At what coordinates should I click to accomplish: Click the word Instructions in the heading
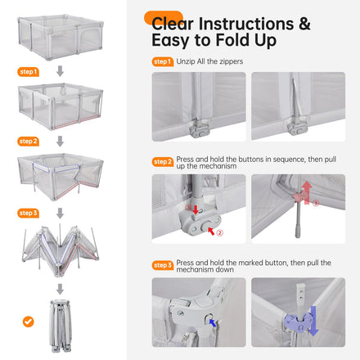tap(246, 24)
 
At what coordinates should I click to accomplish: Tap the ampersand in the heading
tap(304, 24)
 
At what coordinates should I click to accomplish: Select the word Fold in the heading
tap(232, 40)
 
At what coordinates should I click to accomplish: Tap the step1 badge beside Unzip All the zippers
tap(163, 61)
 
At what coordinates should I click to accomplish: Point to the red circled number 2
tap(219, 232)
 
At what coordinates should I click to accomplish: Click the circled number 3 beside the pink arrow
tap(316, 203)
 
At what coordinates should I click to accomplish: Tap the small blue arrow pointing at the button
tap(212, 322)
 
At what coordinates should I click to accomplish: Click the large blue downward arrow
tap(313, 321)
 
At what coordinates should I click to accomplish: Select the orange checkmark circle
tap(29, 322)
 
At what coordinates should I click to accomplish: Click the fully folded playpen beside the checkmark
tap(61, 326)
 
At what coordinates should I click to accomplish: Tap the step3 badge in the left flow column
tap(28, 213)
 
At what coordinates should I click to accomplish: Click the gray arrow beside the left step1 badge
tap(60, 71)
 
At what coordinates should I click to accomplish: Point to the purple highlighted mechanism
tap(298, 322)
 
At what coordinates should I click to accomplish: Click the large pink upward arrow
tap(308, 192)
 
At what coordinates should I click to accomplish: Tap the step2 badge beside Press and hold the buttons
tap(163, 162)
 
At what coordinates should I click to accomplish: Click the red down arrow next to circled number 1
tap(196, 209)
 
